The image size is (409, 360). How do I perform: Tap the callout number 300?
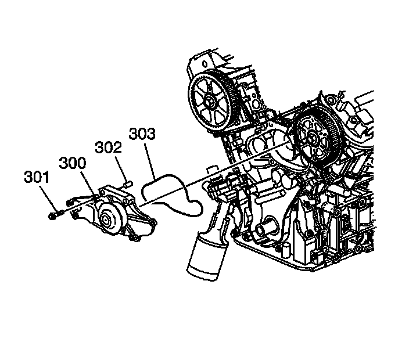click(71, 164)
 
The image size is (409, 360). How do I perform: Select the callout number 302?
click(109, 149)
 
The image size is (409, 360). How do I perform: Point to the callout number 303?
click(142, 135)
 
